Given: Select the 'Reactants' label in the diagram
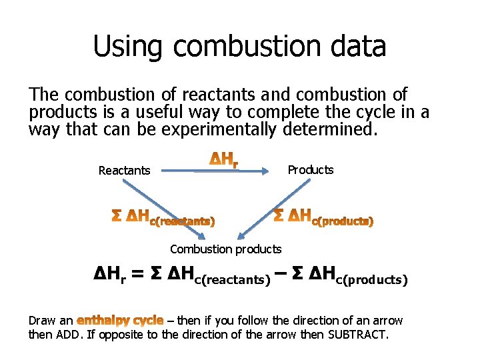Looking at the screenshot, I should tap(124, 171).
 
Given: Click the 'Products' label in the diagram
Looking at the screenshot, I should tap(310, 170).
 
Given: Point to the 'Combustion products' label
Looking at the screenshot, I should tap(225, 249).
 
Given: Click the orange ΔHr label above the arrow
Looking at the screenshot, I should tap(225, 159).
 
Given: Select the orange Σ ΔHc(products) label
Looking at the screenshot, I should tap(324, 216).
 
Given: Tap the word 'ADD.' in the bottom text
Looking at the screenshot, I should tap(69, 334).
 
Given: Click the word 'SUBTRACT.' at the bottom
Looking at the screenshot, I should tap(357, 334).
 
